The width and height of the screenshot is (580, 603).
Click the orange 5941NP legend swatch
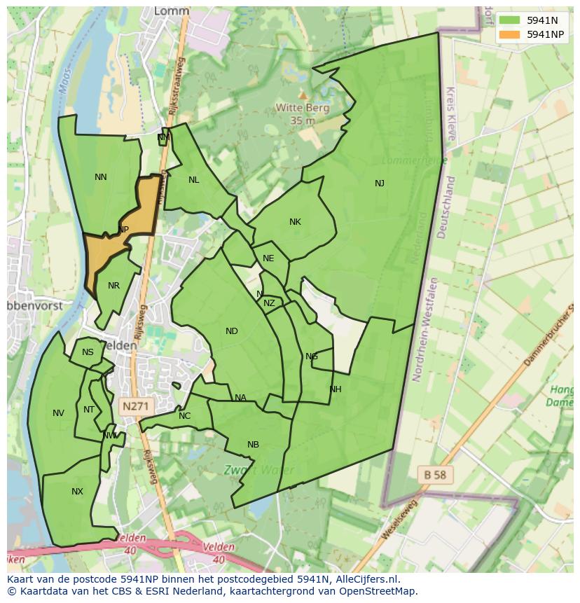[509, 34]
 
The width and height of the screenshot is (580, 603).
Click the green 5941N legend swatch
[509, 20]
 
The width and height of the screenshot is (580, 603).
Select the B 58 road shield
[434, 475]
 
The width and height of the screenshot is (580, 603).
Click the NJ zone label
[379, 183]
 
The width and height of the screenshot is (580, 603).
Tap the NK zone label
[295, 222]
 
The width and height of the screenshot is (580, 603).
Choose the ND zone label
[232, 331]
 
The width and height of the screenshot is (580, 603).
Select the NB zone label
[253, 445]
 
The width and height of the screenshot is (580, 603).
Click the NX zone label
[77, 492]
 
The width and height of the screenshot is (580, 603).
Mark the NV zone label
[58, 413]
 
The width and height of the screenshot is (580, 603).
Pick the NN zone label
[101, 177]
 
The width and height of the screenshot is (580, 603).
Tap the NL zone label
[194, 180]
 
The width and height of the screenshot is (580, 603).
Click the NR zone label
[114, 286]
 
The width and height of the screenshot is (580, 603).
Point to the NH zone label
[336, 389]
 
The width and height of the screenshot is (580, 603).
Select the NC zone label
[184, 416]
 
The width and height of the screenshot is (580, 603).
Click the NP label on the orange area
[123, 230]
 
